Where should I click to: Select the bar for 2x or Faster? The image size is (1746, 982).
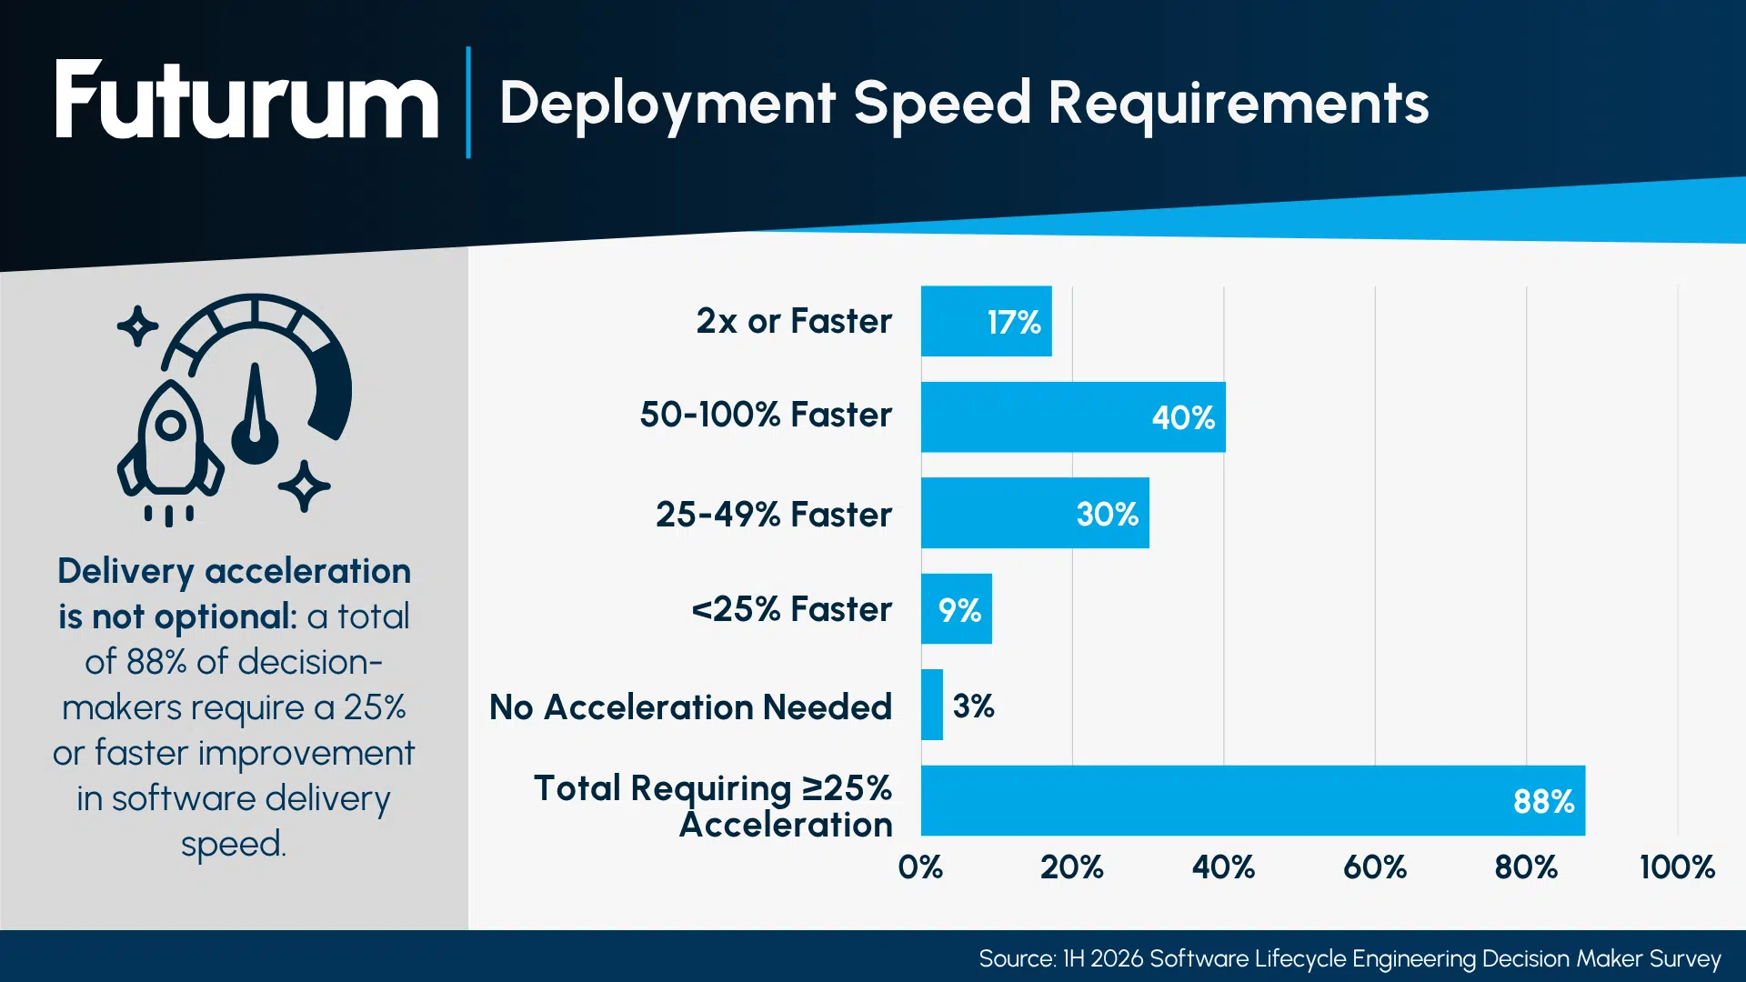coord(986,321)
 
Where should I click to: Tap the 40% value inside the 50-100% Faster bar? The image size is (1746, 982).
coord(1183,417)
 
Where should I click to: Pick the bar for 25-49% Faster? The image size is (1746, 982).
coord(1034,513)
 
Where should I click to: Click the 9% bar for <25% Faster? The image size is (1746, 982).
coord(956,609)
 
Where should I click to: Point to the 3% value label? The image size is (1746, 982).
coord(973,706)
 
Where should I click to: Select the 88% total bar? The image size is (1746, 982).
coord(1252,800)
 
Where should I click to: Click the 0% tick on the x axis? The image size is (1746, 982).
coord(920,867)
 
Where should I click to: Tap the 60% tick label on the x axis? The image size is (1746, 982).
coord(1374,867)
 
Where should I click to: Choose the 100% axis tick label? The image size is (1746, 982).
coord(1677,867)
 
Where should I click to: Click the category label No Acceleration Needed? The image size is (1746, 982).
coord(690,706)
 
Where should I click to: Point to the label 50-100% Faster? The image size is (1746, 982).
coord(766,415)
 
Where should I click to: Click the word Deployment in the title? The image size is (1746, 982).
coord(667,103)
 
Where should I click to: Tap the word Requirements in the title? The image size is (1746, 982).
coord(1238,103)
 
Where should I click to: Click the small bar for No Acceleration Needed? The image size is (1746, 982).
coord(932,705)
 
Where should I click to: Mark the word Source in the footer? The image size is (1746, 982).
coord(1015,958)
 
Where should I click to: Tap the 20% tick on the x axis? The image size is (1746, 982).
coord(1071,867)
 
